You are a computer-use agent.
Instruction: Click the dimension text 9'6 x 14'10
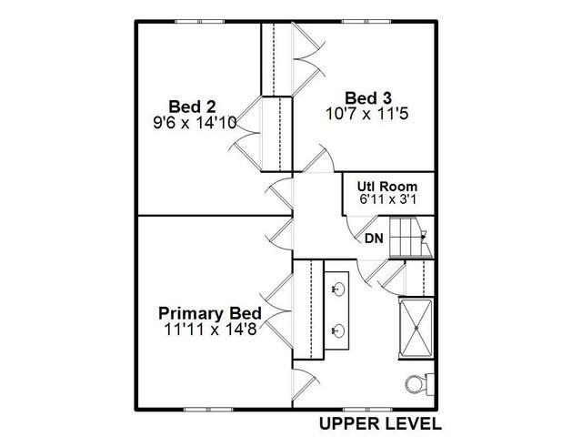(x=197, y=120)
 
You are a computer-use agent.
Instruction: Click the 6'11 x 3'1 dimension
(x=386, y=200)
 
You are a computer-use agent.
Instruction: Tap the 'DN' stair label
(x=374, y=239)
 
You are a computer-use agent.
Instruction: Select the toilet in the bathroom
(x=416, y=384)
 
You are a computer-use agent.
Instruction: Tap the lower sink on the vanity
(x=337, y=330)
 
